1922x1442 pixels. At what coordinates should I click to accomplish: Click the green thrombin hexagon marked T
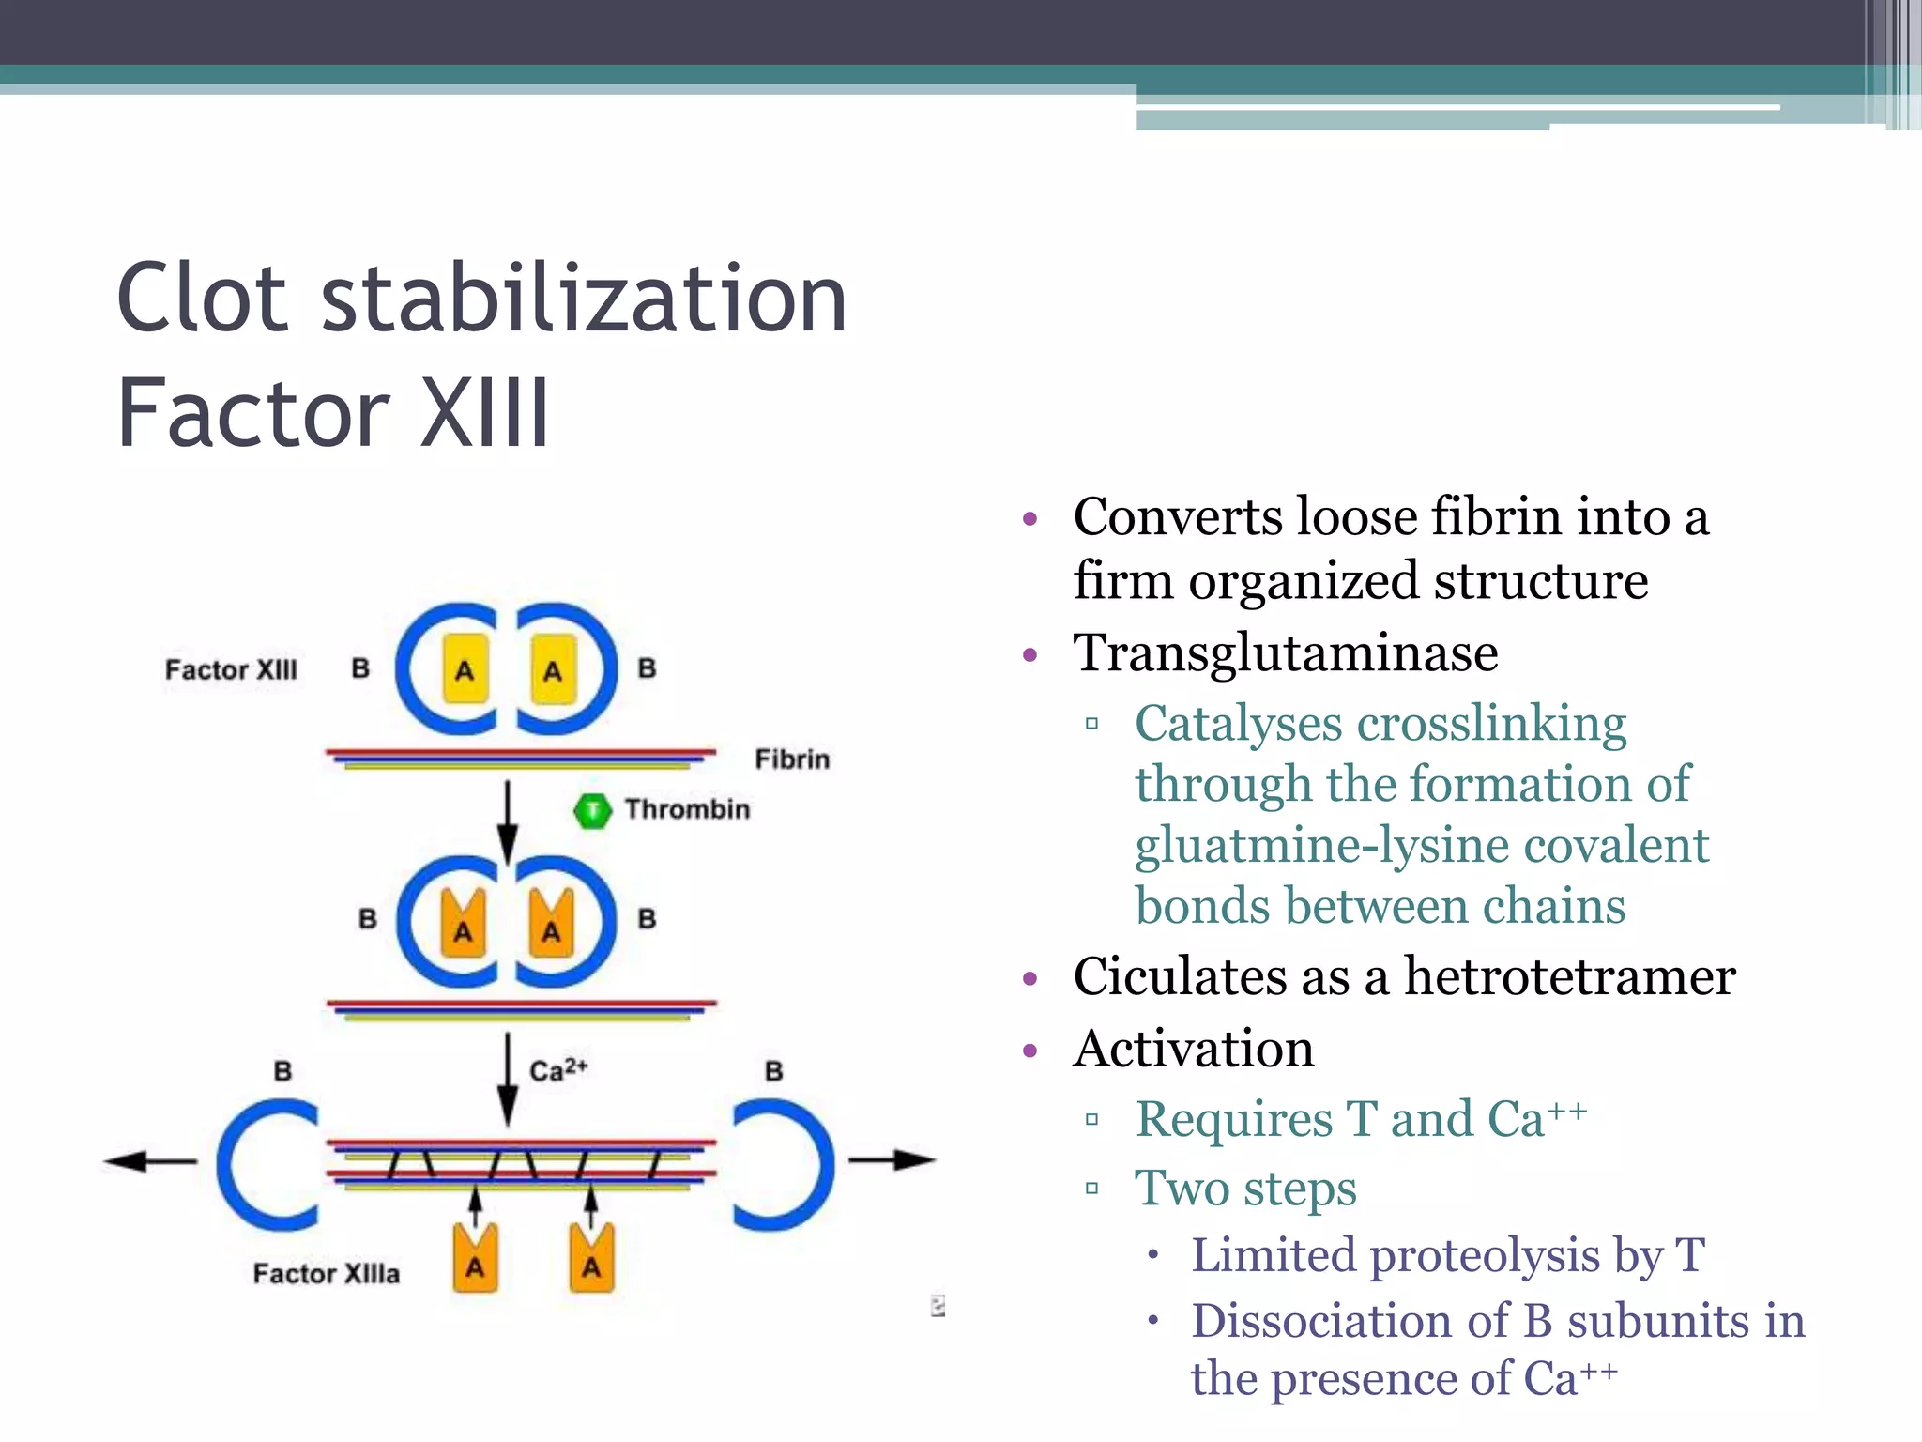[592, 811]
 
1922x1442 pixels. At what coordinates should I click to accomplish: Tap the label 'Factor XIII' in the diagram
[231, 669]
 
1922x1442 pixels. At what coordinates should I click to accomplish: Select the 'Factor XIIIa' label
[326, 1273]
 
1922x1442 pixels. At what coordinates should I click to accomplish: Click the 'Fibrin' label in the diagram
[792, 759]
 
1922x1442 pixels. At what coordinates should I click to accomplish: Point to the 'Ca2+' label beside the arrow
[558, 1070]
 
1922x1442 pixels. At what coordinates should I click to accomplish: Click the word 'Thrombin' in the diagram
[687, 809]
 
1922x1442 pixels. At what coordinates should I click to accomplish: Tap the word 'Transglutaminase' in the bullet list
[1285, 653]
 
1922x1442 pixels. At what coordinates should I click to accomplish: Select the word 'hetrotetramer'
[1569, 977]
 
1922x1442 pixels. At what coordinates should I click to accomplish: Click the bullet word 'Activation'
[1193, 1049]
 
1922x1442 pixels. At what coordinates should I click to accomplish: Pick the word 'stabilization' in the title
[584, 299]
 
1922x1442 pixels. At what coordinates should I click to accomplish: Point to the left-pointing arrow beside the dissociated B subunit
[150, 1161]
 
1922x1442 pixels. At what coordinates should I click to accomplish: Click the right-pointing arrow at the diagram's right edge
[892, 1160]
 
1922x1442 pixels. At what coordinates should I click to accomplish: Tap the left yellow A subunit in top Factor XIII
[465, 668]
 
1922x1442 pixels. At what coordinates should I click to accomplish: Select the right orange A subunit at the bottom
[591, 1259]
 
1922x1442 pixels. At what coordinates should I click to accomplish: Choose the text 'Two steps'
[1245, 1189]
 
